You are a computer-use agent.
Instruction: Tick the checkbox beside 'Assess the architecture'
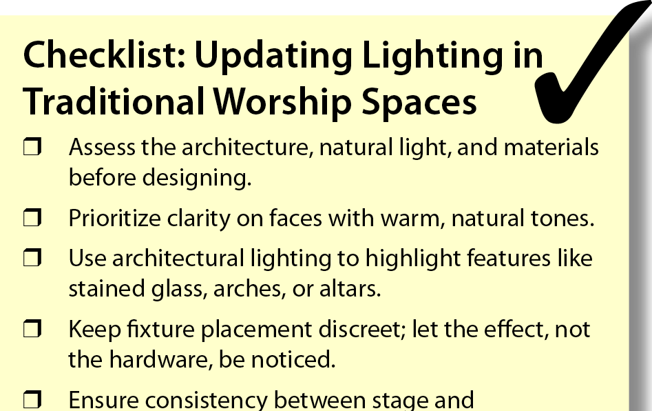click(x=32, y=148)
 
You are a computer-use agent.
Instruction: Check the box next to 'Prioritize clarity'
click(x=32, y=218)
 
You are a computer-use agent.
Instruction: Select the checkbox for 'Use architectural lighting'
click(x=32, y=258)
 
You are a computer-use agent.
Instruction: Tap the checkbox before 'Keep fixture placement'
click(x=32, y=328)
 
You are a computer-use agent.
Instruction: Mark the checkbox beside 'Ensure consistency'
click(x=32, y=399)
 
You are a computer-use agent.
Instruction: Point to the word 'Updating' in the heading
click(x=273, y=57)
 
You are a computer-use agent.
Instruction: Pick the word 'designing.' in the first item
click(x=197, y=178)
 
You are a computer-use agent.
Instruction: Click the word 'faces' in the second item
click(x=295, y=217)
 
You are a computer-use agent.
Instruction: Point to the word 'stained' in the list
click(x=107, y=288)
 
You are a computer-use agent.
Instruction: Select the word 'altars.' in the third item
click(x=350, y=288)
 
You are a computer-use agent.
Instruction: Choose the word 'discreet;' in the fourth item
click(x=362, y=329)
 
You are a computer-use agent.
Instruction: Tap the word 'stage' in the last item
click(x=399, y=401)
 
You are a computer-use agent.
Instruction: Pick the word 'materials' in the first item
click(x=551, y=148)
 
